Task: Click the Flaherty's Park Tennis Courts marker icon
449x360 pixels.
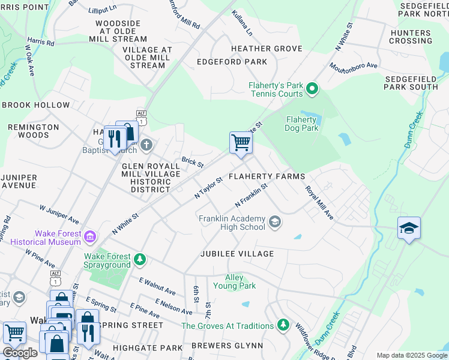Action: tap(312, 90)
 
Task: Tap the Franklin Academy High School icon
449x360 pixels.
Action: tap(274, 223)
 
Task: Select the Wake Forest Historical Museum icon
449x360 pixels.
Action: tap(90, 238)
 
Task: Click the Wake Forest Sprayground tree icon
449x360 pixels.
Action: tap(140, 260)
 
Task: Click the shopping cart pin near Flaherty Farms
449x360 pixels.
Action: tap(241, 143)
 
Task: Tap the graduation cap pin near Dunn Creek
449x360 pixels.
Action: tap(409, 229)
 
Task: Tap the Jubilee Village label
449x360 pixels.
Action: tap(237, 254)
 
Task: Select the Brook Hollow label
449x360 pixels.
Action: tap(36, 105)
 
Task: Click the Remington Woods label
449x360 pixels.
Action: tap(34, 131)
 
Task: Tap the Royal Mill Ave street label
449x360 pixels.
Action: tap(319, 202)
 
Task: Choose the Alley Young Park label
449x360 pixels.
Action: tap(240, 281)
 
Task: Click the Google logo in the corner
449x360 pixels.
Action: tap(20, 353)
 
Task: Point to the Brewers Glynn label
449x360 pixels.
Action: tap(228, 346)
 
